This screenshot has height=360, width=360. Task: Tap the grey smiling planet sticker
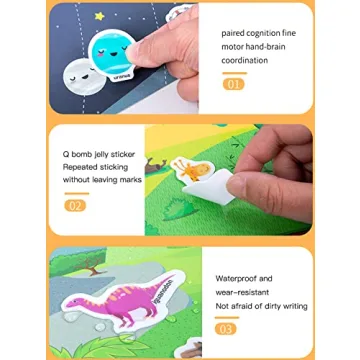point(76,74)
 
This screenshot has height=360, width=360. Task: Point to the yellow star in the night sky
point(98,16)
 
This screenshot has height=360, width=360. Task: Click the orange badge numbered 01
point(233,85)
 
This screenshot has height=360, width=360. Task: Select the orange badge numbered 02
point(75,205)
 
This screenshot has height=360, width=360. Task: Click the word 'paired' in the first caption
point(233,32)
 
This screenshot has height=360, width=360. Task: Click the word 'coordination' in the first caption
point(245,60)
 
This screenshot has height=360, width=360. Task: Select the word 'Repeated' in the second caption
point(79,167)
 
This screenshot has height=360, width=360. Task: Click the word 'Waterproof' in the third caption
point(237,279)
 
